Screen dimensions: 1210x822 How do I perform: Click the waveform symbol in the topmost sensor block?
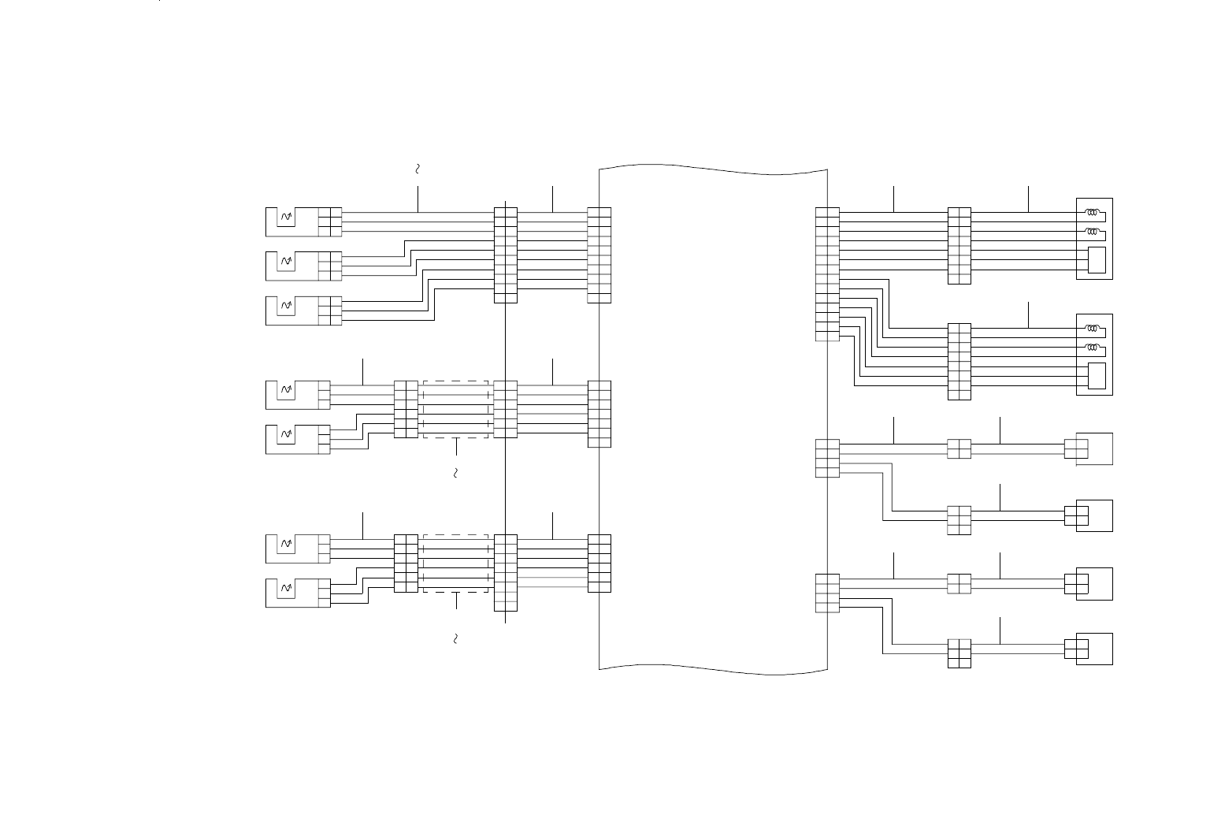point(287,216)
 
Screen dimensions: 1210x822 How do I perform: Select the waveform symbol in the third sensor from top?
point(287,304)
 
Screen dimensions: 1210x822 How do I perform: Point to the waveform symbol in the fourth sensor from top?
point(287,389)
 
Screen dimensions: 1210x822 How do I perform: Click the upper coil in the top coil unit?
point(1093,212)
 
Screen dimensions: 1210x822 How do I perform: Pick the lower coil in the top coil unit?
point(1093,231)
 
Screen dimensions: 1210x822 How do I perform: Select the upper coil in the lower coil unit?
point(1093,328)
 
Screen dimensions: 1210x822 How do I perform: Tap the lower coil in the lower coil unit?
point(1093,347)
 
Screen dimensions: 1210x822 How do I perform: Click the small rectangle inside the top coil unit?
point(1097,260)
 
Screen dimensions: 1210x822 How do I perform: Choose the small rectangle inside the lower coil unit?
point(1097,376)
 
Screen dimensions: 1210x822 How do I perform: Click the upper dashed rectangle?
point(456,410)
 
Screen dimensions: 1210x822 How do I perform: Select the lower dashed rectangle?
point(456,563)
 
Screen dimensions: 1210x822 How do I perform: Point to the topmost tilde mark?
point(418,169)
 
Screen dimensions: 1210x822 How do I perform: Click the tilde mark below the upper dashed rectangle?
point(456,474)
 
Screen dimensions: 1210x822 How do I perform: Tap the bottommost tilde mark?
point(456,638)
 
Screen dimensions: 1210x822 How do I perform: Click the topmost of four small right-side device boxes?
point(1094,449)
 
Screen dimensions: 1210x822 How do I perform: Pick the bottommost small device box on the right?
point(1094,649)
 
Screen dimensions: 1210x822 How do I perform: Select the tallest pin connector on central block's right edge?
point(827,274)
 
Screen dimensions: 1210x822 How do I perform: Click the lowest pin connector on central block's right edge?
point(827,593)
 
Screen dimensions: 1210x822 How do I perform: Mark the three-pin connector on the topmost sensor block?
point(330,222)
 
